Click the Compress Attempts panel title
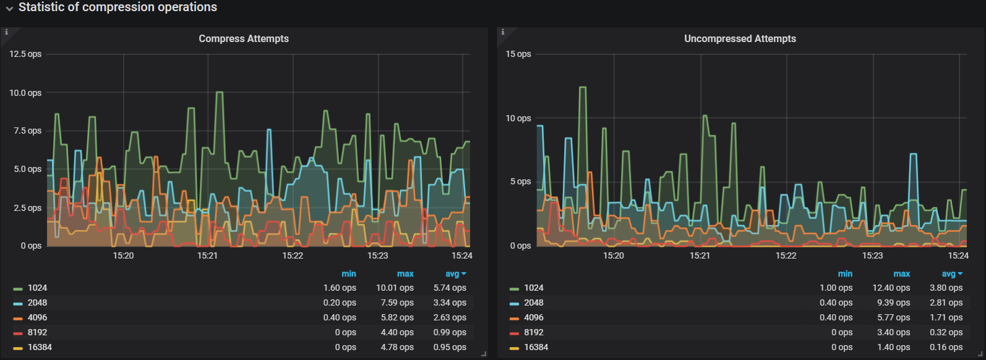pos(244,38)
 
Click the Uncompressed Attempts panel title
pos(740,38)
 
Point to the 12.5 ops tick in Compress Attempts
pos(25,54)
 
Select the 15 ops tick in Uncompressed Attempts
pos(518,54)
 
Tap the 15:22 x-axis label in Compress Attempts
pos(293,255)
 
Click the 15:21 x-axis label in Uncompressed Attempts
pos(700,255)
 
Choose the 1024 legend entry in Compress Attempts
pos(37,288)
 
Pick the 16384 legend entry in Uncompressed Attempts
pos(536,347)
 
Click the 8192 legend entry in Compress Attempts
pos(37,332)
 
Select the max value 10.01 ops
pos(395,288)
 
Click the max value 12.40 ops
pos(891,288)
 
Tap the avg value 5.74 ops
pos(450,288)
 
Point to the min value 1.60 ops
pos(340,288)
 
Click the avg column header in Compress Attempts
pos(454,273)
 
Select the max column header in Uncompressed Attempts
pos(901,273)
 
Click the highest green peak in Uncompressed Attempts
pos(582,88)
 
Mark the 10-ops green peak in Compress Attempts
pos(219,93)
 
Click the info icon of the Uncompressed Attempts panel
pos(502,32)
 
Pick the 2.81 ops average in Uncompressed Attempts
pos(946,302)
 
